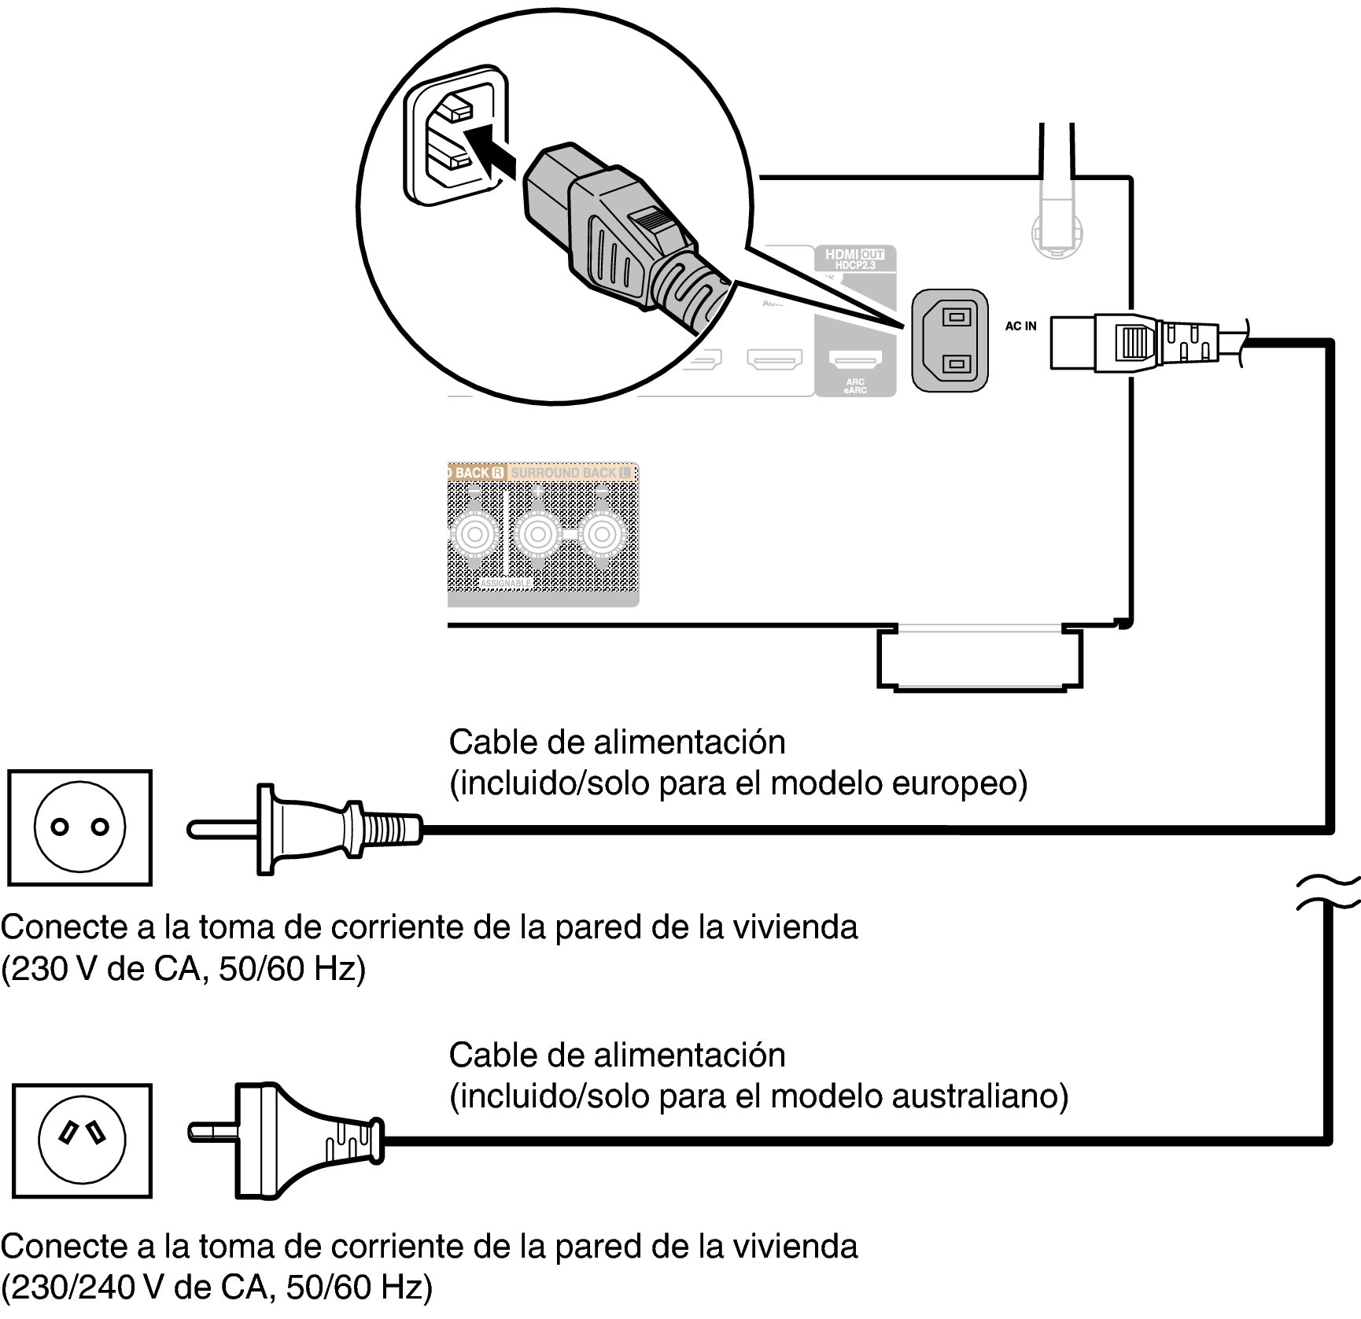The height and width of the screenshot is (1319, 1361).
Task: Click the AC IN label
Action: coord(1020,326)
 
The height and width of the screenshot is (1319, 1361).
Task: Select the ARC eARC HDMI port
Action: coord(855,361)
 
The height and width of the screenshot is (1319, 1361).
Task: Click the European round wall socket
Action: coord(79,827)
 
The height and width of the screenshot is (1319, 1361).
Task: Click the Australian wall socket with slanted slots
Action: coord(82,1140)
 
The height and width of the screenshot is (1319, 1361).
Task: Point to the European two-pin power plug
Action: coord(307,828)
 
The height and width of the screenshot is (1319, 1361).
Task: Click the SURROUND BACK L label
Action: coord(571,472)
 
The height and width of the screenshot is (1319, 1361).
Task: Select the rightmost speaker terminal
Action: coord(601,535)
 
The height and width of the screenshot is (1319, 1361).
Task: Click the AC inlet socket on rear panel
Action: coord(950,341)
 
